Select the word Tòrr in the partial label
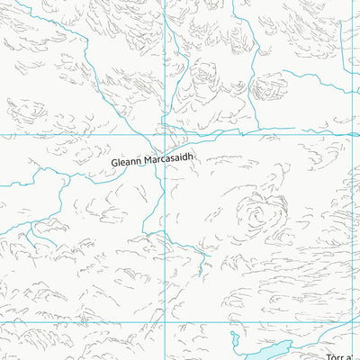pyautogui.click(x=336, y=356)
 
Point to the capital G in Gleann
pyautogui.click(x=115, y=163)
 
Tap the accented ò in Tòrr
pyautogui.click(x=334, y=356)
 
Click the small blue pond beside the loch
pyautogui.click(x=233, y=340)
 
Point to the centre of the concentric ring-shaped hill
pyautogui.click(x=255, y=214)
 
